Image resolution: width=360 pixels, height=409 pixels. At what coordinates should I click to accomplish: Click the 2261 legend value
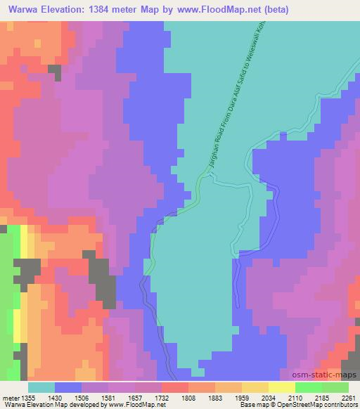tap(349, 396)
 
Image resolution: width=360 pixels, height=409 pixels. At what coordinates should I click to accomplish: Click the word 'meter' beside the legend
tap(10, 396)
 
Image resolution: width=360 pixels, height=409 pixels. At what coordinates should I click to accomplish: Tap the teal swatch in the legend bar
tap(41, 387)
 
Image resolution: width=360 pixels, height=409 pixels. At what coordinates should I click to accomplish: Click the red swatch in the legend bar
tap(174, 387)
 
